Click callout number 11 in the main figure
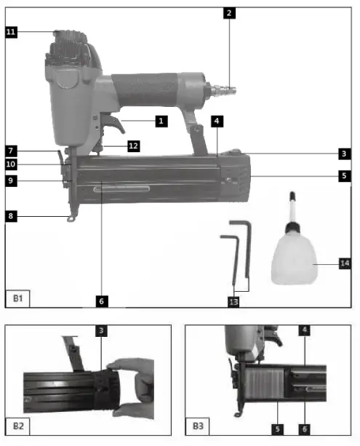[x=11, y=32]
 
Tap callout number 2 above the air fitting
[x=229, y=12]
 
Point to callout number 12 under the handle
[x=133, y=146]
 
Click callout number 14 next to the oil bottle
[x=344, y=263]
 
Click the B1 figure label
[x=17, y=298]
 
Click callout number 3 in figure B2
[x=101, y=331]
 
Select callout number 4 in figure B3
[x=303, y=331]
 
